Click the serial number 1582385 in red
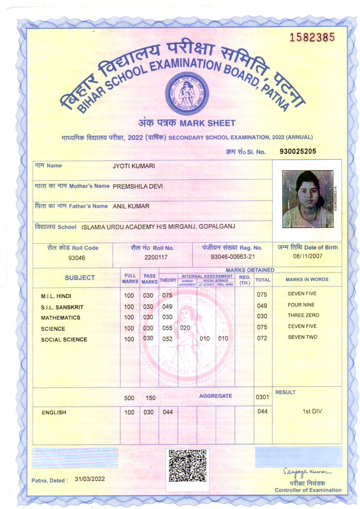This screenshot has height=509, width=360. tap(313, 37)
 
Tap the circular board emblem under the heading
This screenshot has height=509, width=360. tap(186, 93)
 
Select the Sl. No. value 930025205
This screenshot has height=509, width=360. tap(297, 151)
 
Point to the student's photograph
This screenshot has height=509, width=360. tap(307, 199)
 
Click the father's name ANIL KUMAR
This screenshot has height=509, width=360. tap(131, 206)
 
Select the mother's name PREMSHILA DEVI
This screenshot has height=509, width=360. tap(138, 186)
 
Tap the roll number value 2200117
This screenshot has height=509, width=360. tap(156, 257)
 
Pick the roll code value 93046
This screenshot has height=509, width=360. tap(77, 258)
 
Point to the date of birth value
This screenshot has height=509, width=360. tap(308, 256)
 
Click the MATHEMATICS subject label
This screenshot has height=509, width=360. tap(61, 318)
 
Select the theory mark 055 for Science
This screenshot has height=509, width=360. tap(168, 328)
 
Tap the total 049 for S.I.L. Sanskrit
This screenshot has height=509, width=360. tap(262, 306)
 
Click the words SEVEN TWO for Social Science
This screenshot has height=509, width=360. tap(303, 337)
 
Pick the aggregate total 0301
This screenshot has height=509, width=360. tap(262, 397)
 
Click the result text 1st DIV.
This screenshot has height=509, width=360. tap(313, 411)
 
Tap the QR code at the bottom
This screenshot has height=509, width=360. tap(188, 465)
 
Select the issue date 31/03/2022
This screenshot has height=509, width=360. tap(90, 479)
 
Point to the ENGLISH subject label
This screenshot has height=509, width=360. tap(54, 412)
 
